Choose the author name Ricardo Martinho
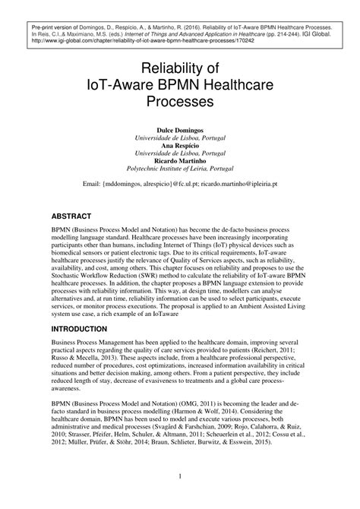tap(180, 160)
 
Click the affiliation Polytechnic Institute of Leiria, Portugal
tap(180, 168)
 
